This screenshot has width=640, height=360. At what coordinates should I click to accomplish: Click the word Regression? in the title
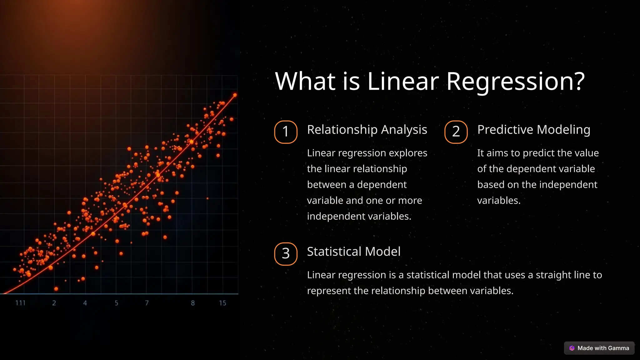pos(515,81)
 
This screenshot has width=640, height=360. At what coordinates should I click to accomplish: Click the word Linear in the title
pos(403,81)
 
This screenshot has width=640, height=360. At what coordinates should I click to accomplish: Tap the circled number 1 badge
pos(286,132)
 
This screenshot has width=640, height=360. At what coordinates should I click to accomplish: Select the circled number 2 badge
pos(456,132)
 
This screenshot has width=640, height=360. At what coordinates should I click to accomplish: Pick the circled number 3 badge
pos(286,254)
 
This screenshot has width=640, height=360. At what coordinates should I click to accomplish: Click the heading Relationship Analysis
pos(367,130)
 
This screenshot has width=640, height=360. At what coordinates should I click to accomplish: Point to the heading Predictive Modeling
pos(534,130)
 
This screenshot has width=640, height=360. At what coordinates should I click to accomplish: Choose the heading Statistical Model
pos(353,252)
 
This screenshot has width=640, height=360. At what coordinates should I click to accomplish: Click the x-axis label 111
pos(20,303)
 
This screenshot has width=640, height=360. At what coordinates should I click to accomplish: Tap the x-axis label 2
pos(54,303)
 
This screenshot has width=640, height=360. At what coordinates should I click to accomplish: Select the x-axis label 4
pos(85,303)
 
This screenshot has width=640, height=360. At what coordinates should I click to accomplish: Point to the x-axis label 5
pos(116,303)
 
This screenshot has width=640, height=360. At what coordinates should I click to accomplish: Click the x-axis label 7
pos(147,303)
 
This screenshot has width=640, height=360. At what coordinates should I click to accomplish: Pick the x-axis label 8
pos(193,303)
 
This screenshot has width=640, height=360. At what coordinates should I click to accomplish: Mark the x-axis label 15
pos(222,303)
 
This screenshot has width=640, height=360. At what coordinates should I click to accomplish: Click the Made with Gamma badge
pos(599,348)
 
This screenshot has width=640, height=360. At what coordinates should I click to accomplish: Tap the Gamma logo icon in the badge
pos(572,348)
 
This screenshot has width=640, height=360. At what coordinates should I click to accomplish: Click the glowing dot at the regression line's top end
pos(235,95)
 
